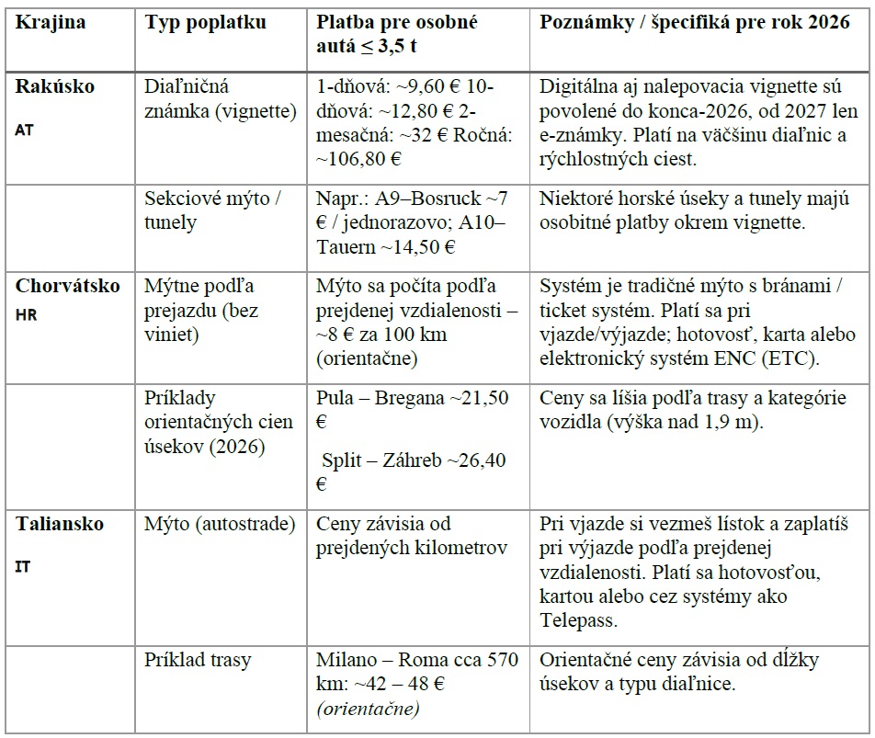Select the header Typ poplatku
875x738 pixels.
point(205,22)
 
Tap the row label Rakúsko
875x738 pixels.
point(55,86)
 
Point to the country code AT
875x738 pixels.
point(25,130)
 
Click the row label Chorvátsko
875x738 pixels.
point(67,285)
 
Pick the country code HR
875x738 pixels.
point(26,313)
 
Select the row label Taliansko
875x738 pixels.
point(60,524)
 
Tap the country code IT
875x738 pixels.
point(23,567)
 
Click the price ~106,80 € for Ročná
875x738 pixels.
point(359,158)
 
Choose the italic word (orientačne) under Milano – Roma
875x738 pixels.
point(369,709)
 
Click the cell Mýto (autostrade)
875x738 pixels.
point(220,524)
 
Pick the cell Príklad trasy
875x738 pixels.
point(198,660)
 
